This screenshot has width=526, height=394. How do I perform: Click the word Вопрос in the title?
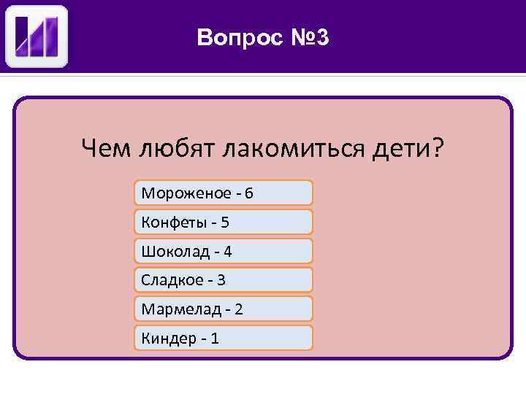pos(236,37)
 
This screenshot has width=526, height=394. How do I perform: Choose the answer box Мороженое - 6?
pos(224,193)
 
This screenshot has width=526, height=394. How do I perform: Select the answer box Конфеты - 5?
pos(224,222)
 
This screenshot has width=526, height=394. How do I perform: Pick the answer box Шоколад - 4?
pos(224,251)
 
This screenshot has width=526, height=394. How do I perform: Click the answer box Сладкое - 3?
pos(224,279)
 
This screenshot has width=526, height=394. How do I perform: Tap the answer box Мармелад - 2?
pos(224,309)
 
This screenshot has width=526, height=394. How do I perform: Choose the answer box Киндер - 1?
pos(224,338)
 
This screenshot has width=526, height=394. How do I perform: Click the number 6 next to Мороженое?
pos(249,193)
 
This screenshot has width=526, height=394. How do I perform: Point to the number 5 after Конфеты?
pos(224,222)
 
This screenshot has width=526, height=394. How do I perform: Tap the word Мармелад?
pos(181,309)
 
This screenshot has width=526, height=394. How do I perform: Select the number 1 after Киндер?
pos(214,339)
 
